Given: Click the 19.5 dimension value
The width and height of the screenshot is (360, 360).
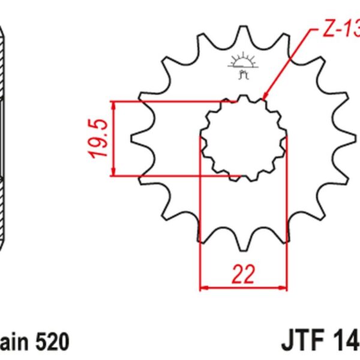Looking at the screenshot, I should [99, 139].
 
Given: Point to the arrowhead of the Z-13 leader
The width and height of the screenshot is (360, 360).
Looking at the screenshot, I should [264, 98].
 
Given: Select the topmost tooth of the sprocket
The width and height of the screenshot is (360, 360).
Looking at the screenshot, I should [243, 30].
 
